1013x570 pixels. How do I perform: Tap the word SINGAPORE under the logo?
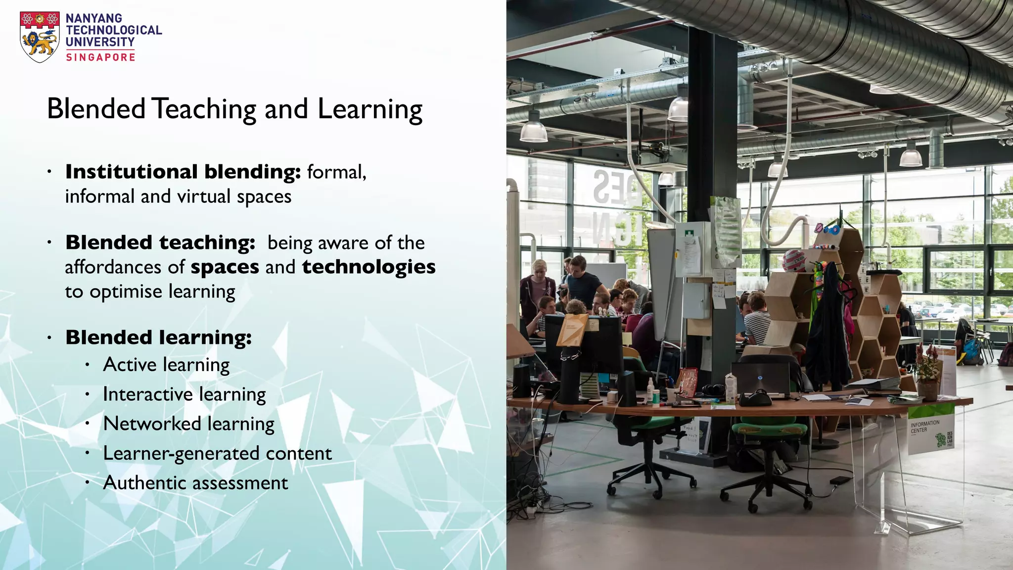pos(101,57)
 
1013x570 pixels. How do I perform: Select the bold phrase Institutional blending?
pos(183,172)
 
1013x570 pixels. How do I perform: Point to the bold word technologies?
pos(369,267)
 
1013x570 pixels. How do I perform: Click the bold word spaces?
pos(225,268)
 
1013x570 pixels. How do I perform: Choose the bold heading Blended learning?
pos(159,337)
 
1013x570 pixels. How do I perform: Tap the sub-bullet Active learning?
pos(166,365)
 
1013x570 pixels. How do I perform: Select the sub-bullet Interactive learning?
pos(184,395)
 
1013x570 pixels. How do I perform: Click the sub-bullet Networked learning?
pos(188,424)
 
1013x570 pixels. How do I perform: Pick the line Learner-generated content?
pos(217,454)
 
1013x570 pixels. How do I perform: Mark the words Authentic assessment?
pos(195,483)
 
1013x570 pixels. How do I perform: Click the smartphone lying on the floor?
pos(839,480)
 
